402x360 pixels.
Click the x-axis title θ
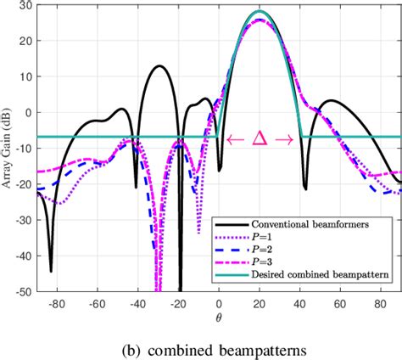pyautogui.click(x=219, y=318)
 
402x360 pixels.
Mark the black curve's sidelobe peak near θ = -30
pyautogui.click(x=159, y=65)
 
